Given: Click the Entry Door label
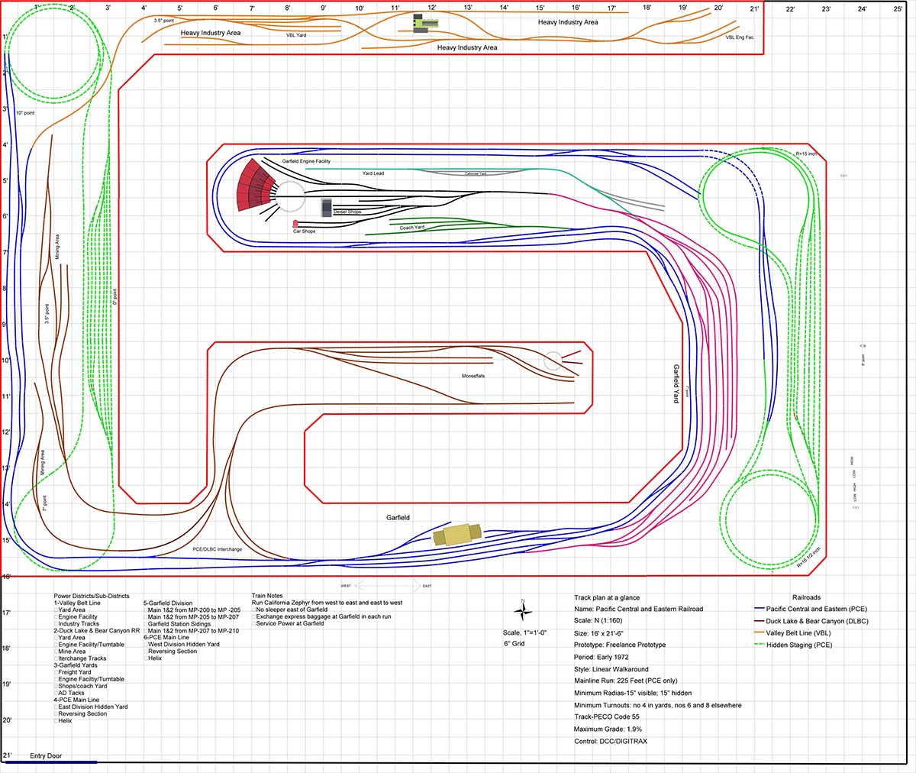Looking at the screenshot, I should coord(47,755).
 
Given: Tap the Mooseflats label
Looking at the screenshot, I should coord(473,376).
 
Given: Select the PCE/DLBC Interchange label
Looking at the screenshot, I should coord(218,549).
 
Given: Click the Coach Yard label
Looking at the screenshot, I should coord(412,227).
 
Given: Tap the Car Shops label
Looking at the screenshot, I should coord(304,231).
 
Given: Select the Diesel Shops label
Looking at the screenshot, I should coord(347,212).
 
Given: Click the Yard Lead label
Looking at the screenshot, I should coord(373,173).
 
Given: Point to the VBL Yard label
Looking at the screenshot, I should coord(296,35).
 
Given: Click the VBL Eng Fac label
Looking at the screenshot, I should coord(740,37).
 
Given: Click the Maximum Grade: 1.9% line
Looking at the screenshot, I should coord(611,729).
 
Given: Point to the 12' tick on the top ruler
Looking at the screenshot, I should coord(431,8).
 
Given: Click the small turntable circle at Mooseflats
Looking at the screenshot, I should coord(553,360).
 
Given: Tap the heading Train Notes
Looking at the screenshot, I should coord(267,596).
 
